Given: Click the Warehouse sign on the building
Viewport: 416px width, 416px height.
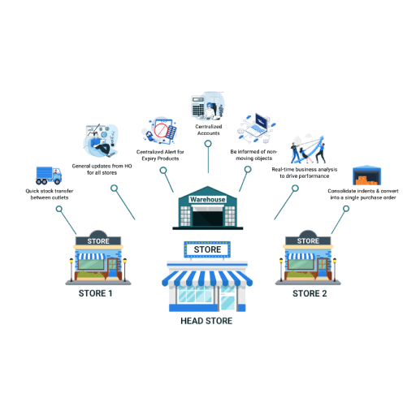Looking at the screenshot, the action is (207, 199).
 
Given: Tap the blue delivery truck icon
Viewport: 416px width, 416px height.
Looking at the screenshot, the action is (49, 175).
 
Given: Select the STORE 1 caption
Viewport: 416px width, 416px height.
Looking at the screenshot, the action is (95, 293).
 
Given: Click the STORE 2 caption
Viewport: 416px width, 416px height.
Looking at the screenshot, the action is (310, 293).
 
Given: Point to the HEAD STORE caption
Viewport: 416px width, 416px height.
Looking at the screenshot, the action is (206, 321).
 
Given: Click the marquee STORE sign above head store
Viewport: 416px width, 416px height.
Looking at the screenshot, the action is (207, 249).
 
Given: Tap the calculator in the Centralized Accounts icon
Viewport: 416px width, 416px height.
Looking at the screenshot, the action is (198, 106).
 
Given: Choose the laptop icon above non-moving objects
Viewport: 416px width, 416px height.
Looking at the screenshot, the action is (259, 124).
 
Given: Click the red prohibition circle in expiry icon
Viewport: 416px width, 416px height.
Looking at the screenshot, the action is (161, 130).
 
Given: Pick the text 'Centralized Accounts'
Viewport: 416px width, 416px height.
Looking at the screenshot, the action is (209, 130).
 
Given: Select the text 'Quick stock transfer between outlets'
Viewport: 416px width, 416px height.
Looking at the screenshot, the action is (50, 194).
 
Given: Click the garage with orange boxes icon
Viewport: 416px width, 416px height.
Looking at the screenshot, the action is (366, 175).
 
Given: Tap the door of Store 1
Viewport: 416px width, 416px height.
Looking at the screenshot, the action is (112, 267).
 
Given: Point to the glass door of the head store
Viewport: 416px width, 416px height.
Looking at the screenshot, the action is (227, 298).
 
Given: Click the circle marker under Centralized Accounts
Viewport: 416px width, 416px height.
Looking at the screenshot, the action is (208, 144).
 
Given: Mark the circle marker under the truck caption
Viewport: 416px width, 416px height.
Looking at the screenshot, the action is (59, 209).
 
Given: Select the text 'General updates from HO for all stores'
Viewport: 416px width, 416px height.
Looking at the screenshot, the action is (102, 169).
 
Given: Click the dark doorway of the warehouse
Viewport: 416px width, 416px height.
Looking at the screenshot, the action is (208, 218).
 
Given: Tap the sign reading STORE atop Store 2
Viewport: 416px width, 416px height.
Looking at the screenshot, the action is (308, 240).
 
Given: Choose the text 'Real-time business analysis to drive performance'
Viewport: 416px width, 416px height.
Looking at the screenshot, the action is (305, 172).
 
